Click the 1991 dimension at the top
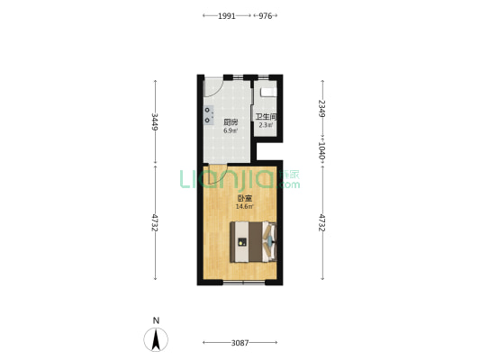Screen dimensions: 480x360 click(x=227, y=16)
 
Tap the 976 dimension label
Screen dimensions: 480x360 click(x=265, y=16)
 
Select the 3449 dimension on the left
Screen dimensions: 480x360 click(x=155, y=121)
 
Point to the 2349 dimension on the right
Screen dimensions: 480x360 click(x=322, y=108)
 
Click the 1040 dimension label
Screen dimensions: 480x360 click(x=322, y=150)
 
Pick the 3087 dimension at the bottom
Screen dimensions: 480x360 click(x=240, y=343)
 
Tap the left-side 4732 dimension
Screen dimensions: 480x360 click(x=155, y=222)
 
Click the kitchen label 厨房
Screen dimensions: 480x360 click(x=231, y=122)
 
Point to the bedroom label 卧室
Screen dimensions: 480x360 click(x=245, y=199)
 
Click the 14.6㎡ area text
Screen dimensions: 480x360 click(x=245, y=206)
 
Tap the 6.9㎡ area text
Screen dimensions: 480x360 click(x=231, y=130)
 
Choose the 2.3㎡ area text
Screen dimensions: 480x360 click(x=266, y=125)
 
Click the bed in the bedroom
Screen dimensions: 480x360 click(x=253, y=242)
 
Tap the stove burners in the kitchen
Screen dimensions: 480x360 click(x=208, y=115)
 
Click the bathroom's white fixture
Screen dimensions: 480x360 click(x=268, y=93)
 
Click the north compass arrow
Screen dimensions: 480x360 click(x=156, y=339)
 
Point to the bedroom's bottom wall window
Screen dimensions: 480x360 click(x=244, y=283)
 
